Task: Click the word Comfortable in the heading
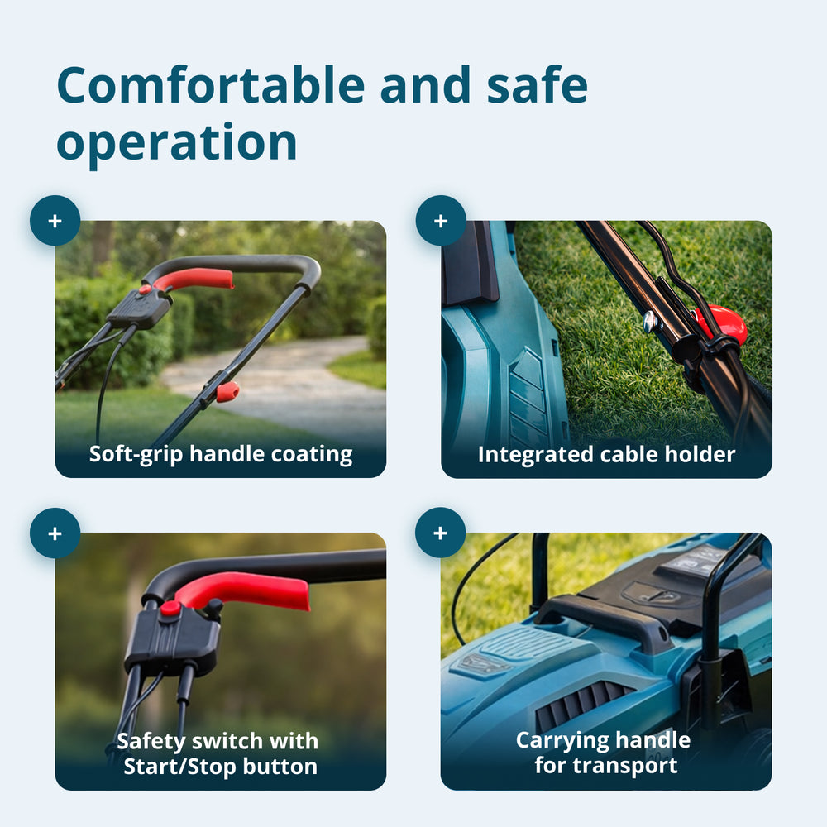211,84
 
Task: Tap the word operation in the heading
177,142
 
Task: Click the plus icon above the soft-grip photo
55,221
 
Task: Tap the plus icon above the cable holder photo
441,221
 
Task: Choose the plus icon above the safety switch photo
55,533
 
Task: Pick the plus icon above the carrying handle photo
441,533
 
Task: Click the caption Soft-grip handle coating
221,455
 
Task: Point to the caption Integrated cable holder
606,455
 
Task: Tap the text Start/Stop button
221,767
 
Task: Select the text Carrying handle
603,740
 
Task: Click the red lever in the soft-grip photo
194,280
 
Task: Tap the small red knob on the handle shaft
227,392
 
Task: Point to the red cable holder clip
723,323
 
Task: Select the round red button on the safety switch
170,608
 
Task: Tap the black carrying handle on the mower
601,617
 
